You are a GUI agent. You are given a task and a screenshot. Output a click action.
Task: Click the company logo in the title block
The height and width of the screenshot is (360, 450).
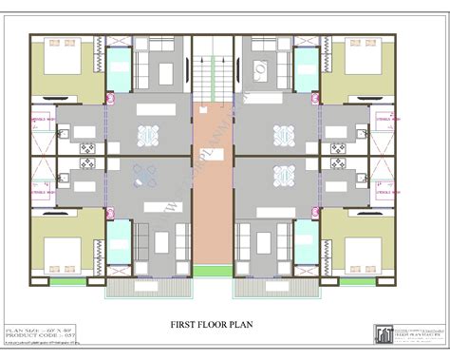[384, 333]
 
